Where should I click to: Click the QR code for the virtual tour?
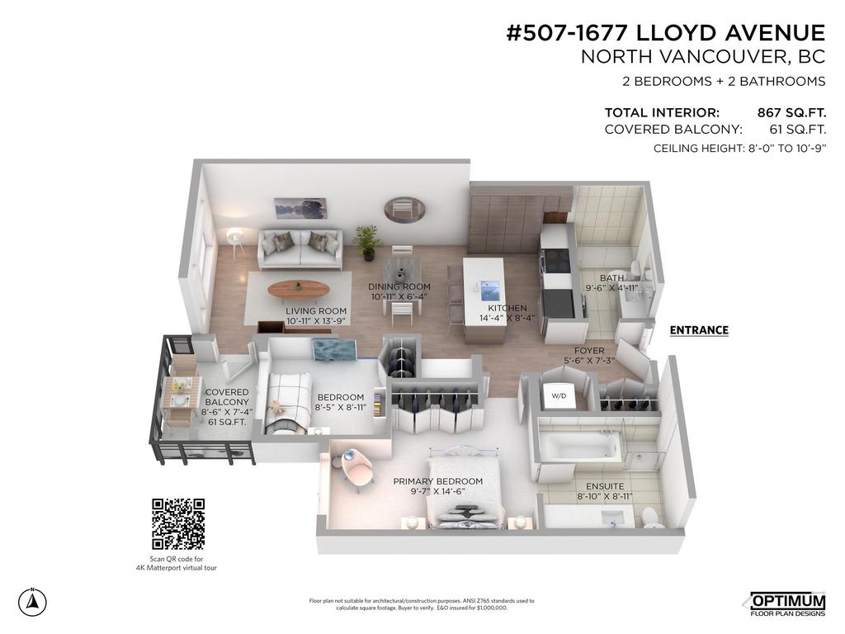(x=177, y=524)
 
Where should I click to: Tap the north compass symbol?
(x=32, y=602)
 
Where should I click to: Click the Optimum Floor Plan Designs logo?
(x=786, y=604)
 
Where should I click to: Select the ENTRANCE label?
(x=699, y=330)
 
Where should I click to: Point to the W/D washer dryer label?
(x=559, y=396)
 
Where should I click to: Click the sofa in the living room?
(x=300, y=248)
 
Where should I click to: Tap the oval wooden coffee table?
(x=298, y=289)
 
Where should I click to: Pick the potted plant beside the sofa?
(x=366, y=241)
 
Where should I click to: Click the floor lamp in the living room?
(x=236, y=239)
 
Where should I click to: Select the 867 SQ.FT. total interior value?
(x=791, y=112)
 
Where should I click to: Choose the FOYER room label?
(x=589, y=351)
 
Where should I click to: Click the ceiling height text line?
(x=739, y=149)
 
